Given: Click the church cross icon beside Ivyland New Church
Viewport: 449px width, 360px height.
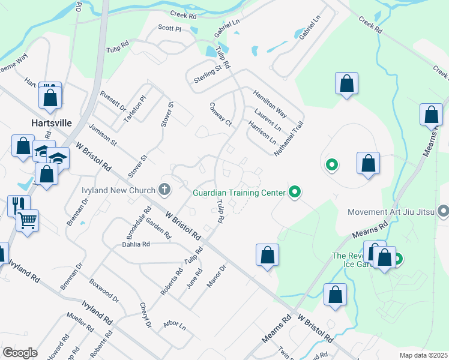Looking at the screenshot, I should click(164, 191).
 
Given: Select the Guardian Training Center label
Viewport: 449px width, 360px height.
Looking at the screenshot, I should click(239, 193).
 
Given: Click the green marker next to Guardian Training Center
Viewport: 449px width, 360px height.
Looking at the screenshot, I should click(294, 192).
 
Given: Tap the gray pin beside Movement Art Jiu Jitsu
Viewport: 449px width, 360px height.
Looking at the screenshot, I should click(444, 211).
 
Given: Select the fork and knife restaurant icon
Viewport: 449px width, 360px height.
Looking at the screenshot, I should click(18, 205).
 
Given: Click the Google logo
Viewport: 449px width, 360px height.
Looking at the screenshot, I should click(20, 353).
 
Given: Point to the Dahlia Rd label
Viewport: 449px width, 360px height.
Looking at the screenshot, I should click(136, 244).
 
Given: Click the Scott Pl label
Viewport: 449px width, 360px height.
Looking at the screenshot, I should click(169, 28).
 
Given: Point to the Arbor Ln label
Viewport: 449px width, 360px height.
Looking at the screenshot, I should click(175, 325).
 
